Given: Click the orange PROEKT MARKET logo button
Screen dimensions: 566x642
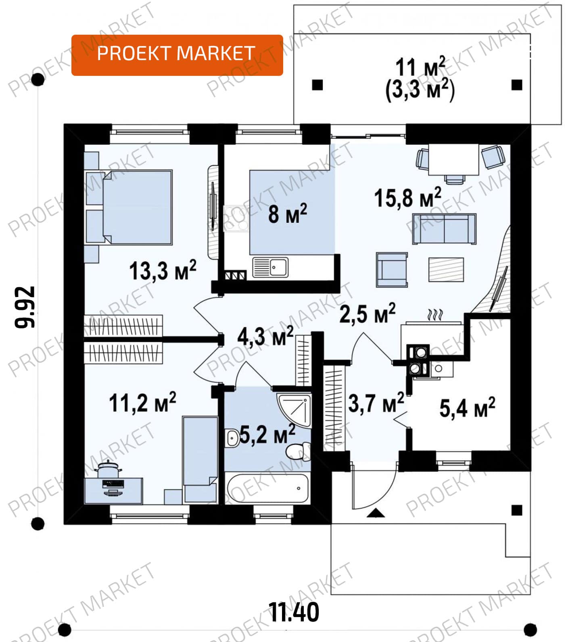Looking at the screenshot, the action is [177, 55].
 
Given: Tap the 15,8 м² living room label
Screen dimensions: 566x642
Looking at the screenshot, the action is [408, 197].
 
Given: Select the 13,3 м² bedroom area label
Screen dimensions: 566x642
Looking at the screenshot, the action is [163, 270].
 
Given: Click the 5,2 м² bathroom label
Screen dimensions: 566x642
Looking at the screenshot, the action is [267, 434].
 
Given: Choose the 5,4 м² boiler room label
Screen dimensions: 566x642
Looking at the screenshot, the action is [467, 408].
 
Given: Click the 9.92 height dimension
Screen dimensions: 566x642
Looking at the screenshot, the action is [25, 306].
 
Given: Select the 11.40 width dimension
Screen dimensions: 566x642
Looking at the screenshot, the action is [294, 612].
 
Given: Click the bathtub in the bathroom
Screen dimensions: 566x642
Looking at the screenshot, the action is [268, 488].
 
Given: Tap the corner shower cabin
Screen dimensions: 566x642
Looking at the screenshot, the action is [294, 410].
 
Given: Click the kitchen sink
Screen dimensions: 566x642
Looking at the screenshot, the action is [270, 267].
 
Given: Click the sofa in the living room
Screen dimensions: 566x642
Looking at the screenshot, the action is [444, 229].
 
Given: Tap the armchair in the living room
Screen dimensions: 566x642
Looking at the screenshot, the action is [392, 270].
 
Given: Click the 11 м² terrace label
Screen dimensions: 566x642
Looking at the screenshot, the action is [420, 67].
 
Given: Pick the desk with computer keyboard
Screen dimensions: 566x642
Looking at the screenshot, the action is [113, 490].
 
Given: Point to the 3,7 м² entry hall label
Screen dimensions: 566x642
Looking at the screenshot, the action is [376, 403].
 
